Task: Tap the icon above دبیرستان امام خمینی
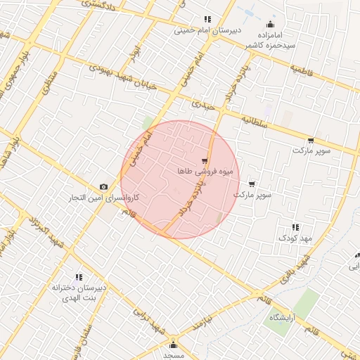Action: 207,19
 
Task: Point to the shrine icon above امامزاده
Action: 271,25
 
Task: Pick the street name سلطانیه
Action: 257,121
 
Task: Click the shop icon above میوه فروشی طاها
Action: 204,160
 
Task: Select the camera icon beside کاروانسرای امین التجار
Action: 104,186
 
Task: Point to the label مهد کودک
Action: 295,238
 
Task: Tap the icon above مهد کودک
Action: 295,227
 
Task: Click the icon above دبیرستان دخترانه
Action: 78,277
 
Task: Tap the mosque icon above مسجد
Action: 173,345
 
